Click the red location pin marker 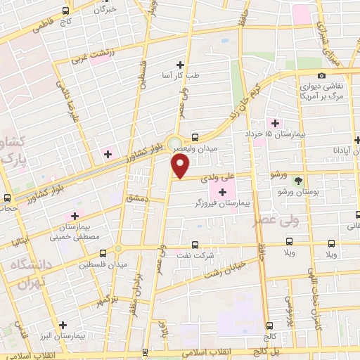coord(181,167)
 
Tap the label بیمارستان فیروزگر coord(219,203)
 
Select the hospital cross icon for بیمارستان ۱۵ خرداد coord(276,123)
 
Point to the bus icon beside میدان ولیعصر coord(195,137)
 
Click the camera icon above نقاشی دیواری coord(322,76)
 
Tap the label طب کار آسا coord(179,75)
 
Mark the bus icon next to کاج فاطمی coord(65,11)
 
